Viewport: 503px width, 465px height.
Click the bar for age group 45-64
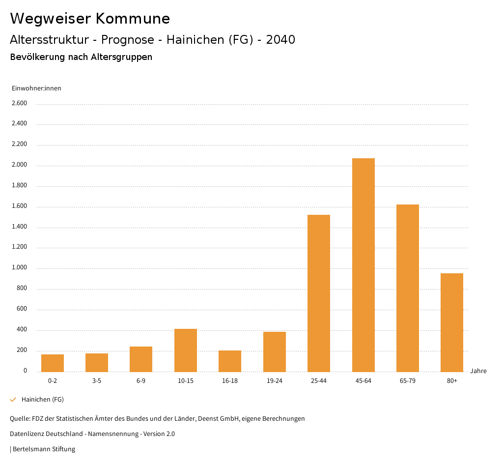[363, 265]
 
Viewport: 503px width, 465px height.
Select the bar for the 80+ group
[452, 322]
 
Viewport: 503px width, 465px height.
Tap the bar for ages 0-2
[53, 363]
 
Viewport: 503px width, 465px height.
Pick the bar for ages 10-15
[186, 350]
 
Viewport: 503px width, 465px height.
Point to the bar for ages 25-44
[319, 293]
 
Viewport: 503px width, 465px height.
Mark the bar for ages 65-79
[408, 288]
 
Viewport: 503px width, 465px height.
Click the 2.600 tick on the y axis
[19, 103]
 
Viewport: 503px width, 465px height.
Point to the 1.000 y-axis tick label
[19, 268]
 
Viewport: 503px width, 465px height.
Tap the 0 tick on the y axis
[25, 371]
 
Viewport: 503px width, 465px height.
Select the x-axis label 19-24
[275, 381]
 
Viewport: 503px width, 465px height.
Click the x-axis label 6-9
[141, 381]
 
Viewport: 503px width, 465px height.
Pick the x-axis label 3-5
[97, 381]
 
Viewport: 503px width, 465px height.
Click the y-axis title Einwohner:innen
[36, 88]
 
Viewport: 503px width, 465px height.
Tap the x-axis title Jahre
[478, 371]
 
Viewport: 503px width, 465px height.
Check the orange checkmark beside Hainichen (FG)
[13, 400]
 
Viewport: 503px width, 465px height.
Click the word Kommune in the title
[133, 19]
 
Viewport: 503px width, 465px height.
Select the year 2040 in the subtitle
[280, 40]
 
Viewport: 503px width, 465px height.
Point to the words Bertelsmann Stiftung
[44, 449]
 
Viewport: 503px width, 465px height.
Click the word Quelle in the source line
[20, 419]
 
